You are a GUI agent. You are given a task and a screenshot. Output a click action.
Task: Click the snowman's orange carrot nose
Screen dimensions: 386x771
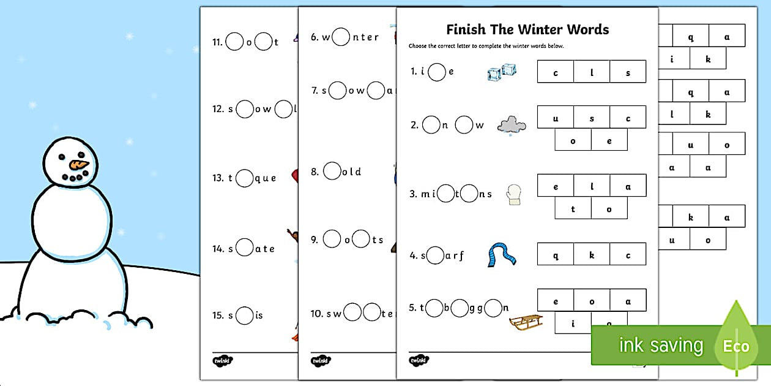(x=79, y=164)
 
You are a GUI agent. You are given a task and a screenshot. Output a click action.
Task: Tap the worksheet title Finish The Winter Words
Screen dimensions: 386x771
(x=527, y=29)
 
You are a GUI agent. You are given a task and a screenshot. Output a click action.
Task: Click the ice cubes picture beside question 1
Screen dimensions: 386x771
(x=502, y=72)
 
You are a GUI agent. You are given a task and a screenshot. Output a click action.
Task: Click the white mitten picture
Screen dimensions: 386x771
(x=513, y=195)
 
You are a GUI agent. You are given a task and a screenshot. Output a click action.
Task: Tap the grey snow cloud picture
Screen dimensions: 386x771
(x=512, y=126)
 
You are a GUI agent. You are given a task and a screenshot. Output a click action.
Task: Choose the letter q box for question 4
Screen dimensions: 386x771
(x=556, y=255)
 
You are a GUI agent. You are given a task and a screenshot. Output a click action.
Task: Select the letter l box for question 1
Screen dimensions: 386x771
(x=592, y=72)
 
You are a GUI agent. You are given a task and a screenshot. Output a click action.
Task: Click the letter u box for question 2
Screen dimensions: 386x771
(x=556, y=118)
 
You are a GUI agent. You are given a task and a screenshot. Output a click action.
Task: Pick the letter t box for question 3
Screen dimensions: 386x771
(x=573, y=208)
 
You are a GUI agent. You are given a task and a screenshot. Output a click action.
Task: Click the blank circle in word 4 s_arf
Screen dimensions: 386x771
(x=435, y=255)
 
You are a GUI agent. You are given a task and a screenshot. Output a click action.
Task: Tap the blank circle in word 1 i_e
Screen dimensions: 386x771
(x=436, y=72)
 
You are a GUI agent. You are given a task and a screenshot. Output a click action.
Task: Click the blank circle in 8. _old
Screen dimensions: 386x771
(x=332, y=171)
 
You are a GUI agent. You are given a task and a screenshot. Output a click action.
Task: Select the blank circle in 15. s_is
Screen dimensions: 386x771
(x=244, y=315)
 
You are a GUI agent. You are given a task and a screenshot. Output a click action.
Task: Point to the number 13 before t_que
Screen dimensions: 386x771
(x=217, y=178)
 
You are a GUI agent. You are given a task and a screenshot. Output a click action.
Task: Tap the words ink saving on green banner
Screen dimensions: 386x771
(x=661, y=345)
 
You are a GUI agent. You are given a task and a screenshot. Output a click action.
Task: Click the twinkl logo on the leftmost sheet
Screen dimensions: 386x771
(x=222, y=361)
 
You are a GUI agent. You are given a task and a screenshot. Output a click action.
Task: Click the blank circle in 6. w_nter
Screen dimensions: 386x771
(x=341, y=37)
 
